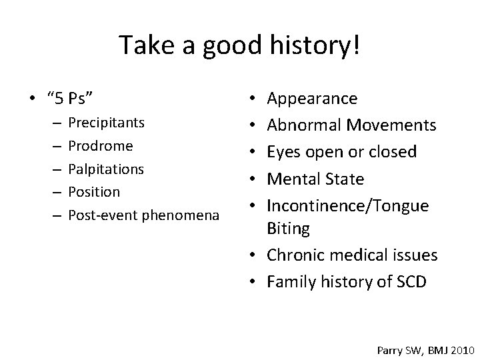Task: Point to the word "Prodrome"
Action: (x=101, y=146)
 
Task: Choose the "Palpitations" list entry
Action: (x=106, y=169)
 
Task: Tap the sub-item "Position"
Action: (x=94, y=192)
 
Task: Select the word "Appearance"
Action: (x=312, y=99)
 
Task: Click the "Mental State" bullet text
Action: (x=315, y=179)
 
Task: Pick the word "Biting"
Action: (x=288, y=229)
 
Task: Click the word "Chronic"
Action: (x=294, y=255)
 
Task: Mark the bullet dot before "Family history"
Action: (x=257, y=282)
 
